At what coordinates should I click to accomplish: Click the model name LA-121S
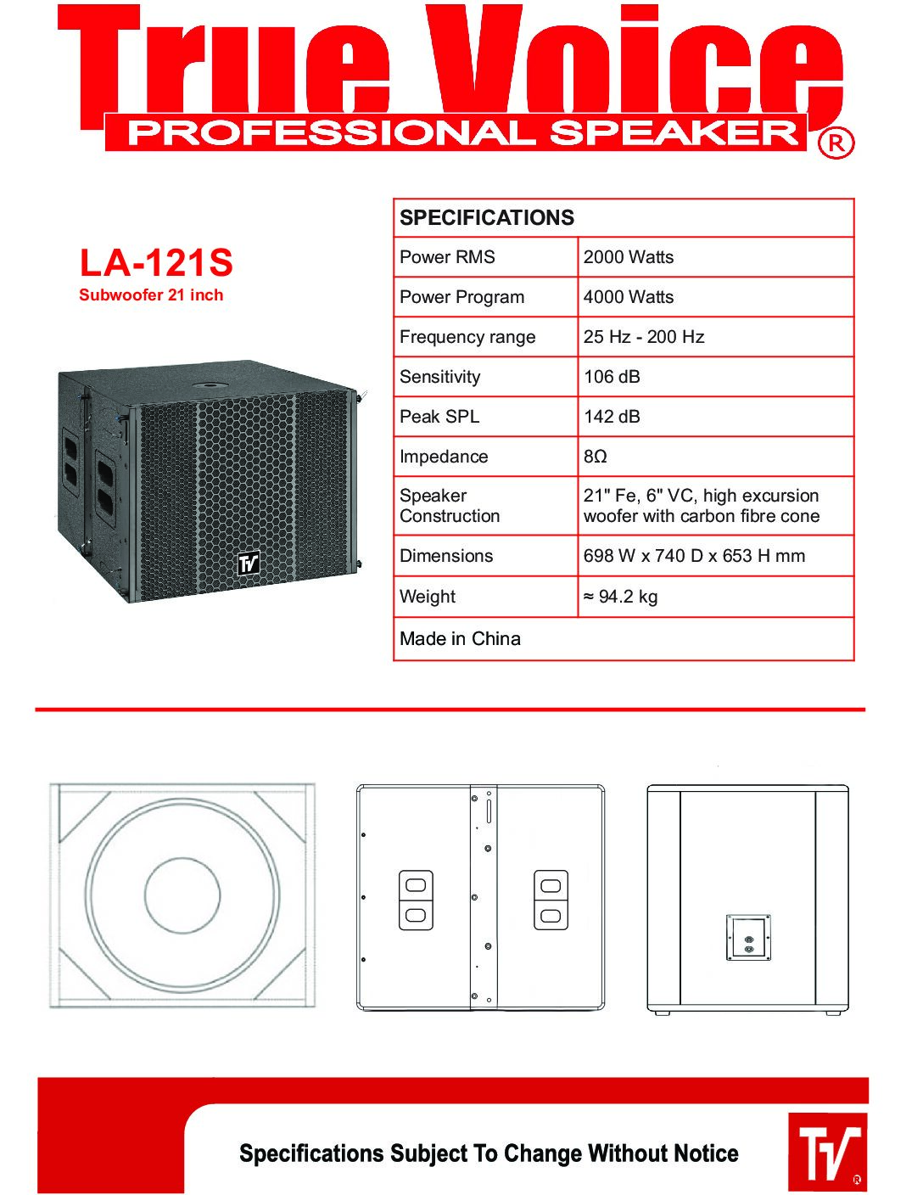[156, 263]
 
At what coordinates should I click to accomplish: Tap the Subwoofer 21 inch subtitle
[151, 295]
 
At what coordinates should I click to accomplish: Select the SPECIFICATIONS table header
[487, 218]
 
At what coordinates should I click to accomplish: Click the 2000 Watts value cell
[629, 257]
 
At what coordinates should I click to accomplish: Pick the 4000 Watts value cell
[629, 297]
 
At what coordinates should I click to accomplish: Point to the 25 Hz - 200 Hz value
[644, 337]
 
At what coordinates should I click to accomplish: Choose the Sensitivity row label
[439, 377]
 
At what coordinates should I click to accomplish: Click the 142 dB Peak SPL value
[612, 417]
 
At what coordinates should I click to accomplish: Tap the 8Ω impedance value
[595, 457]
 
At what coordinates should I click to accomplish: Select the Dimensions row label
[446, 556]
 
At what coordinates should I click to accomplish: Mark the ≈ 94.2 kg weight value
[620, 597]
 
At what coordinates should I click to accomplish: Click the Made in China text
[460, 639]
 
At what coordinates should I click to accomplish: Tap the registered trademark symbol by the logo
[836, 143]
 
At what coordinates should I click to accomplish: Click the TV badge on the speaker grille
[249, 564]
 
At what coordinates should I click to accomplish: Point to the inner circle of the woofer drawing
[182, 895]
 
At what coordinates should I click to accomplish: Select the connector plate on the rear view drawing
[748, 937]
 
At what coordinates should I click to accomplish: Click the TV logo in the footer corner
[827, 1152]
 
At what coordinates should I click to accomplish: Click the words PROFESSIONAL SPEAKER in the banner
[462, 133]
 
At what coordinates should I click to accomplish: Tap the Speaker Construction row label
[450, 506]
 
